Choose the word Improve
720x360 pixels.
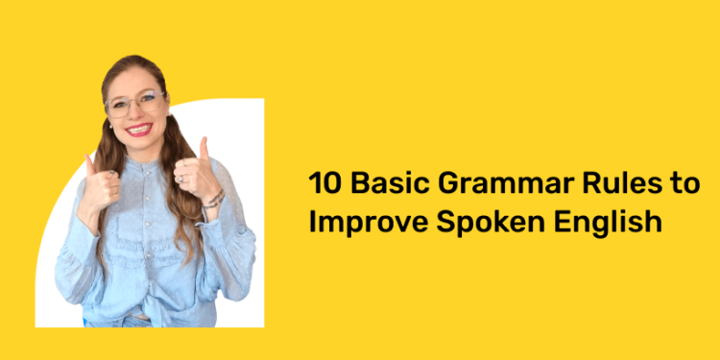click(367, 222)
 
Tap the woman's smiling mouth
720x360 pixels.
click(140, 129)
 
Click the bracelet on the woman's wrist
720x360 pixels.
click(214, 200)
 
